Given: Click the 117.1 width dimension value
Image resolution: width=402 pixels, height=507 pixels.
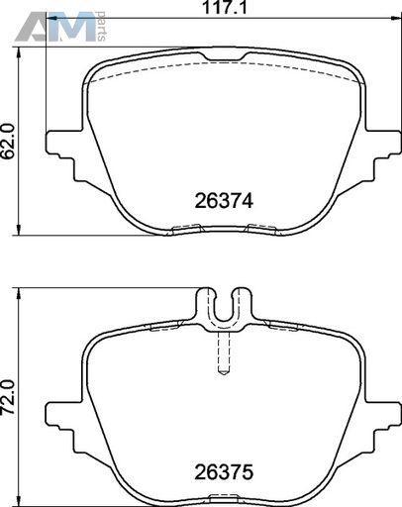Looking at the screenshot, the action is [x=225, y=7].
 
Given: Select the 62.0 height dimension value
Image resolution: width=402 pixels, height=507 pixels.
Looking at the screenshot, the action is [x=9, y=142].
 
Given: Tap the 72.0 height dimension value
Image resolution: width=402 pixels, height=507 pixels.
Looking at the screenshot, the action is [x=9, y=397].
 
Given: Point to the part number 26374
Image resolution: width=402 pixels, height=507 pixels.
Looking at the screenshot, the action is [x=224, y=200].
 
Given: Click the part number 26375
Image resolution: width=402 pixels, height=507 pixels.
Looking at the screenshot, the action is [x=224, y=472].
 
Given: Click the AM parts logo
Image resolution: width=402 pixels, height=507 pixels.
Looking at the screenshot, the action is [x=60, y=27].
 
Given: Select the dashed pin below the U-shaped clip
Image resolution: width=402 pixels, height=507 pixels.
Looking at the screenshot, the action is [x=224, y=354].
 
